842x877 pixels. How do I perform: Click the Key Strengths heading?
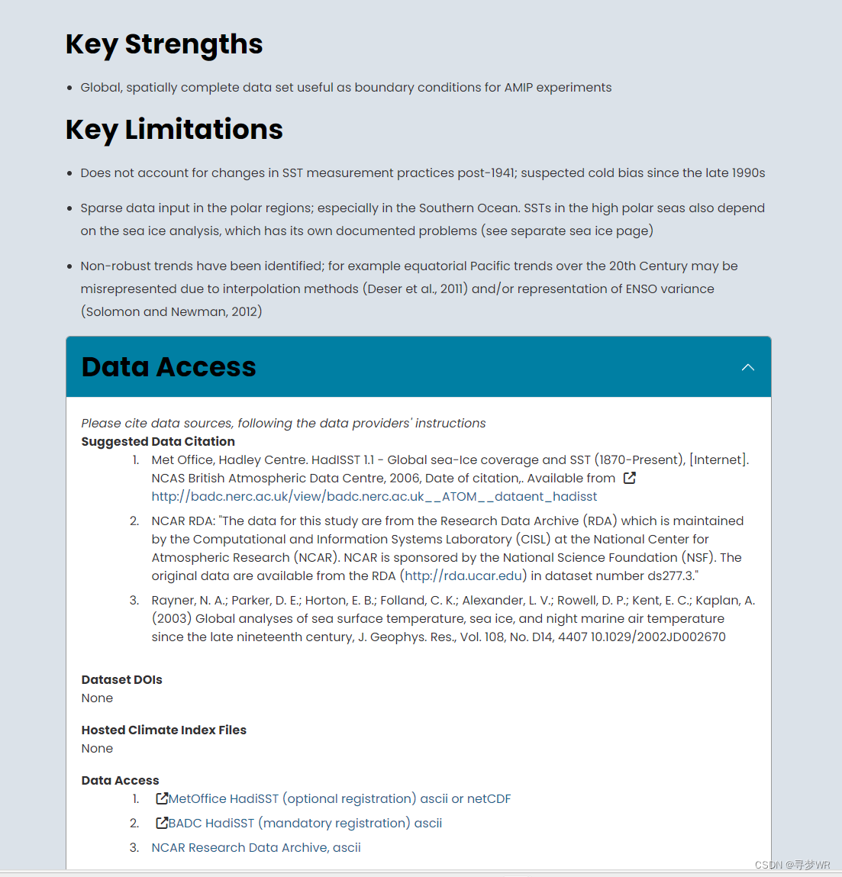pos(164,44)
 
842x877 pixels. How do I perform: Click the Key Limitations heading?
pos(174,130)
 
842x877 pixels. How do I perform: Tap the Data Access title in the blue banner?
pos(169,367)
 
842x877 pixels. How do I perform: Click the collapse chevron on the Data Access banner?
pos(748,367)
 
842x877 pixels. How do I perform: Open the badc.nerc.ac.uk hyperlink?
pos(374,497)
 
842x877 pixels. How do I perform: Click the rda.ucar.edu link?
pos(463,576)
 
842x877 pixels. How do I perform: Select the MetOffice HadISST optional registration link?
pos(340,799)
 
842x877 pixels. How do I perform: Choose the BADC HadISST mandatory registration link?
pos(305,824)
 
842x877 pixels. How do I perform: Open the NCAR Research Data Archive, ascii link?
pos(256,848)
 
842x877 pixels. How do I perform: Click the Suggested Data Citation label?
pos(158,442)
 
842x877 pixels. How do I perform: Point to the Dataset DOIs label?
pos(122,680)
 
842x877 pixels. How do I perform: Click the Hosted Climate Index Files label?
pos(164,730)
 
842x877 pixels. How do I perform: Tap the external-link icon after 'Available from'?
pos(630,478)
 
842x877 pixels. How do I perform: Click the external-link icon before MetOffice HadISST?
pos(162,798)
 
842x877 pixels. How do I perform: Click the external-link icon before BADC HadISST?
pos(162,823)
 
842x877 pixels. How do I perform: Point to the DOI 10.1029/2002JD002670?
pos(658,637)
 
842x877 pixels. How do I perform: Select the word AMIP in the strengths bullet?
pos(518,88)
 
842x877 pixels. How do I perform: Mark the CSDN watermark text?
pos(792,865)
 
